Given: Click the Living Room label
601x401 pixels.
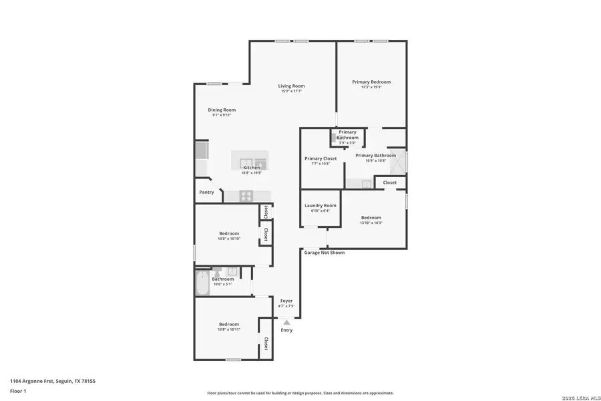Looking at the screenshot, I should pos(291,86).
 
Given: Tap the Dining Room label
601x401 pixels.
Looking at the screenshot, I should pos(222,110).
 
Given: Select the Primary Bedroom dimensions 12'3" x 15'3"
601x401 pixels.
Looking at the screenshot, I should pos(371,88).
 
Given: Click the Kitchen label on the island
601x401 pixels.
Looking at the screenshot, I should pos(251,167).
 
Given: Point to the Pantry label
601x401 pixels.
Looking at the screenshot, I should pos(206,192).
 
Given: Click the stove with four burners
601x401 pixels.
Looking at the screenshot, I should pos(246,196).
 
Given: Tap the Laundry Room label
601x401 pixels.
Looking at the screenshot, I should pos(320,205).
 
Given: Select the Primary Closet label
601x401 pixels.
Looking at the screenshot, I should pos(321,158).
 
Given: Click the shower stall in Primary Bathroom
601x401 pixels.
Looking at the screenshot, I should pos(397,162).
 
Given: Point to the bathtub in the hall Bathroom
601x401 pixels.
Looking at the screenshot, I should pos(202,283).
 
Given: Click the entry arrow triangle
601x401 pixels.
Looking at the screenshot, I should pos(286,322).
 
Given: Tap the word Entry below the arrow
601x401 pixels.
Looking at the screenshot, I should pos(286,330).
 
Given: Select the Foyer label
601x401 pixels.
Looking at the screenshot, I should pos(286,301).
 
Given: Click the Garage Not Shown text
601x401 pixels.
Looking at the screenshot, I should pos(325,253).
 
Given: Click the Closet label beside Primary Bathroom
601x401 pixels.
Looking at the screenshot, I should pos(389,182).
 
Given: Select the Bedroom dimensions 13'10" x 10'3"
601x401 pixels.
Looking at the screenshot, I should pos(371,223).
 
